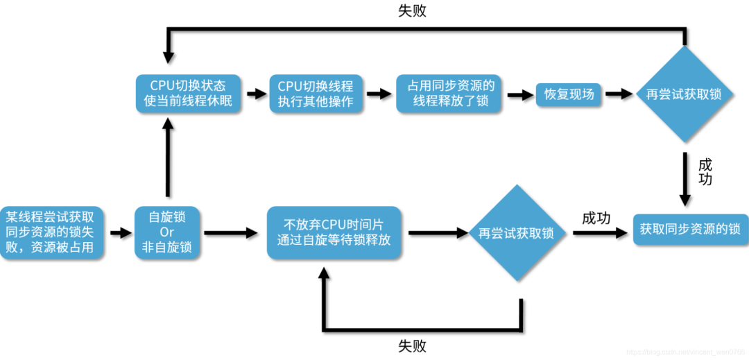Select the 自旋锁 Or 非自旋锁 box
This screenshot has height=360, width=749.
coord(166,232)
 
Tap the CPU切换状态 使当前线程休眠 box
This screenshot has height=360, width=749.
coord(188,94)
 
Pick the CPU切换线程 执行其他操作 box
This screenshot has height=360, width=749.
coord(316,94)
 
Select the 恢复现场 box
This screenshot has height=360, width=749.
coord(569,94)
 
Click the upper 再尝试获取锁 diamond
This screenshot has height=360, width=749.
coord(684,94)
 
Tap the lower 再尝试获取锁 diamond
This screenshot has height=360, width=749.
coord(516,233)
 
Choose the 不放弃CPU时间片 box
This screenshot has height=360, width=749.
coord(334,232)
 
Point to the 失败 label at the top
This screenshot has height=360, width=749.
coord(412,11)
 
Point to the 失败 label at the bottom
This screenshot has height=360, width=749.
coord(412,345)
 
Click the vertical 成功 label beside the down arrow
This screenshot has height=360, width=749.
coord(705,173)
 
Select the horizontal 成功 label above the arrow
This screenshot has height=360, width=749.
coord(596,218)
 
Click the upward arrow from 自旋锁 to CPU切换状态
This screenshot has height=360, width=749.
coord(166,158)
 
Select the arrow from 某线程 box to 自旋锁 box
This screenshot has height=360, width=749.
coord(119,233)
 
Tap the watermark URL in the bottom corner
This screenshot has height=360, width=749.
coord(682,352)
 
